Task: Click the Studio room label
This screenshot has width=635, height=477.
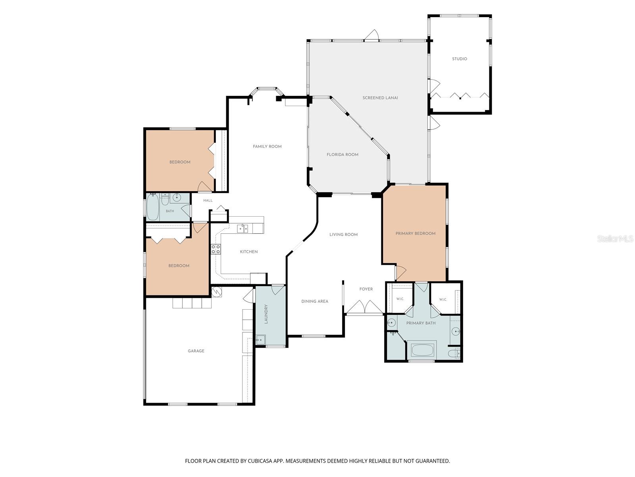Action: click(x=460, y=59)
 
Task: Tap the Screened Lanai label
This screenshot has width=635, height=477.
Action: click(x=380, y=98)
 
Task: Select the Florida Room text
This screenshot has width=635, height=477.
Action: click(x=342, y=155)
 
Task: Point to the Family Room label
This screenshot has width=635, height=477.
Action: click(x=267, y=147)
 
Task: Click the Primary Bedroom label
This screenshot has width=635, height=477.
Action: click(x=415, y=233)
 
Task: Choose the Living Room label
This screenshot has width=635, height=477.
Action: click(x=343, y=235)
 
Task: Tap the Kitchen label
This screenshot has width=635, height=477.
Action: click(x=249, y=252)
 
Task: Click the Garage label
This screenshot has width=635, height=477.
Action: click(x=196, y=351)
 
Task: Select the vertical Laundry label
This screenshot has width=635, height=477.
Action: click(x=266, y=314)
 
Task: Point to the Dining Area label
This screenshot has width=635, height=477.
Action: click(x=315, y=301)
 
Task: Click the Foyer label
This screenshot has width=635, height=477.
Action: click(x=366, y=289)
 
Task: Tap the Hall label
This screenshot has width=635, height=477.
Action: click(x=208, y=200)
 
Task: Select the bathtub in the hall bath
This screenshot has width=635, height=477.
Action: click(x=153, y=207)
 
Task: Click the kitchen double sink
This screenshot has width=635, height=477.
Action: click(x=242, y=229)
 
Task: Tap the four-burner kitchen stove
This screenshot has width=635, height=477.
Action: click(x=216, y=249)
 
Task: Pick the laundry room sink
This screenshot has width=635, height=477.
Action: click(x=260, y=340)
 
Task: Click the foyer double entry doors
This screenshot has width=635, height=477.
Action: click(x=364, y=307)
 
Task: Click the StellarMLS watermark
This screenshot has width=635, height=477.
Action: click(x=615, y=238)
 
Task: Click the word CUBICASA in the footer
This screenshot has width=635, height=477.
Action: click(x=260, y=461)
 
